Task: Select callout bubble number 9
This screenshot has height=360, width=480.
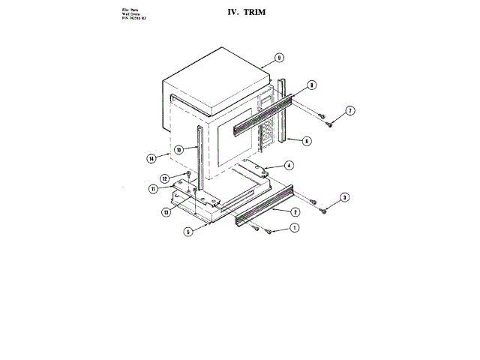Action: [278, 57]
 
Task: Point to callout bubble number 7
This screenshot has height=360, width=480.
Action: [350, 112]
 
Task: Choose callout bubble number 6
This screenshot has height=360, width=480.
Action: [307, 140]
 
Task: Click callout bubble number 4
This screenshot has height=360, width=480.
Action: [289, 165]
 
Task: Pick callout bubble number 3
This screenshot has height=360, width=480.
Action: [344, 198]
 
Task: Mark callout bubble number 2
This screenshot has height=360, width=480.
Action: [295, 213]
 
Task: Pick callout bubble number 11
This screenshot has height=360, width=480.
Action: [153, 189]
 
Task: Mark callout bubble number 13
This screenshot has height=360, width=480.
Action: [166, 212]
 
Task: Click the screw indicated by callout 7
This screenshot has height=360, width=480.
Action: [322, 115]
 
